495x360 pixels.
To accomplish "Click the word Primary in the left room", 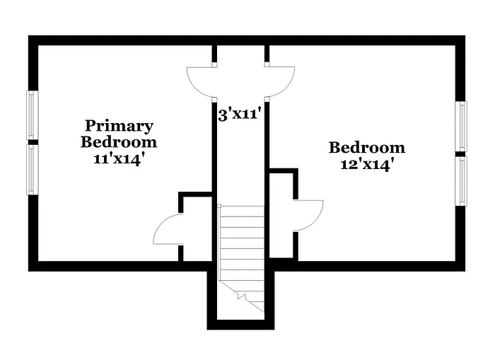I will pyautogui.click(x=119, y=126).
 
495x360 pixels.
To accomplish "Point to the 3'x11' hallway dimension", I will pyautogui.click(x=240, y=113).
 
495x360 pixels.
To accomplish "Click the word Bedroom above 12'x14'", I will pyautogui.click(x=366, y=148).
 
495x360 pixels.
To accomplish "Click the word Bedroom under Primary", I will pyautogui.click(x=119, y=141).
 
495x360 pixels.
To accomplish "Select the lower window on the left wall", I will pyautogui.click(x=32, y=169).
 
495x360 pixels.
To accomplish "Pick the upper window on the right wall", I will pyautogui.click(x=462, y=126).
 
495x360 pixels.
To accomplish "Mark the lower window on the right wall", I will pyautogui.click(x=462, y=180).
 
